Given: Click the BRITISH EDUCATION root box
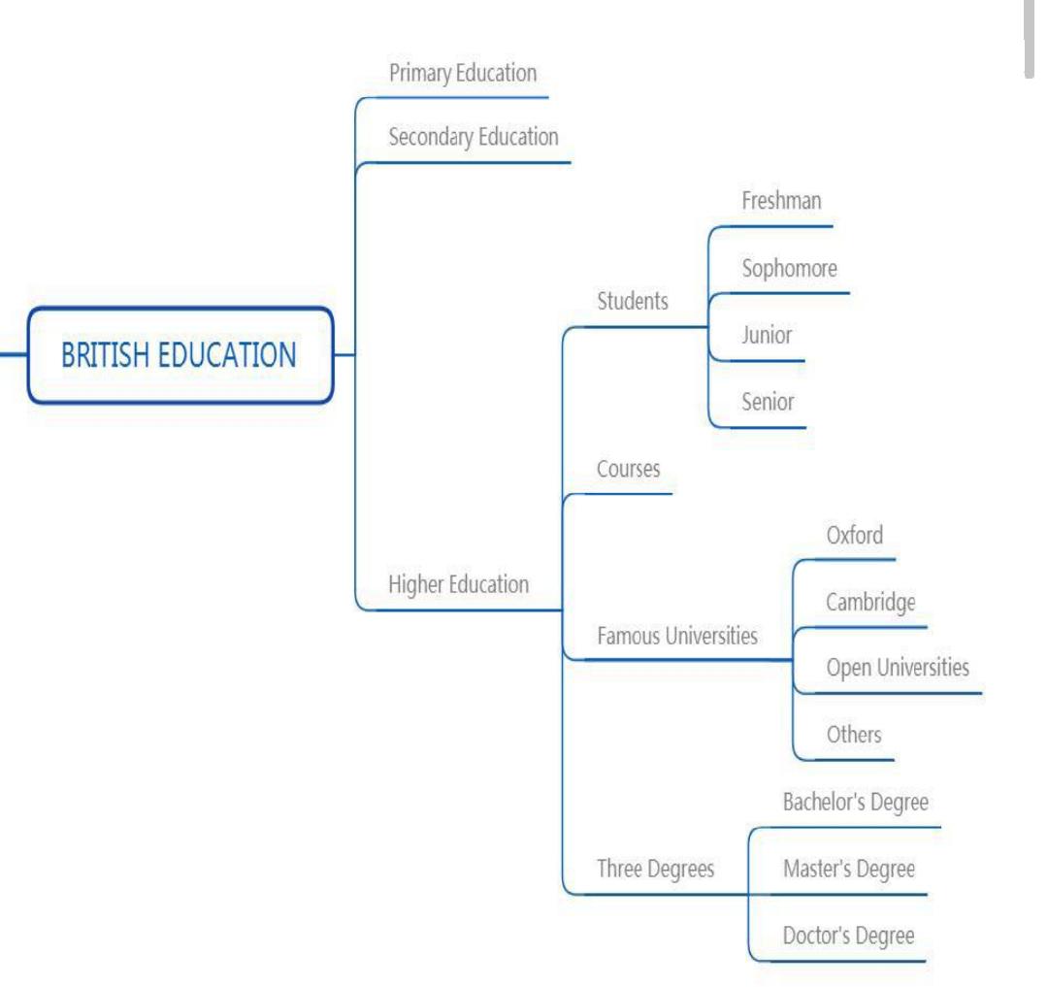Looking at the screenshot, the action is (x=180, y=355).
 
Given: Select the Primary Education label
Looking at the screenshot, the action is (x=462, y=73).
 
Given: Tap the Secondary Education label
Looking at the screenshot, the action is (x=473, y=137).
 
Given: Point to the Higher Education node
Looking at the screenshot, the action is (x=458, y=584).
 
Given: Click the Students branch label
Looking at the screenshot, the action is (x=632, y=301).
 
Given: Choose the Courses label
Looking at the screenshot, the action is (x=628, y=469).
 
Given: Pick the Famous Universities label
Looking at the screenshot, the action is (x=676, y=637).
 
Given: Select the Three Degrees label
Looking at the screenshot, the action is (x=655, y=869).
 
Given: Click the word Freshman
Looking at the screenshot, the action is (x=781, y=201).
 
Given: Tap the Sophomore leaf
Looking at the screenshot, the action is (x=789, y=268).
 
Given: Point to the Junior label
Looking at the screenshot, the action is (x=767, y=336).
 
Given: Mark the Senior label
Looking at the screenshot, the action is (x=768, y=401).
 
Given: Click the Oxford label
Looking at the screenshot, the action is (x=854, y=535).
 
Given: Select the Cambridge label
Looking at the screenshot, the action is (x=870, y=602).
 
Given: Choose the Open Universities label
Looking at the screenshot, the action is (x=897, y=668).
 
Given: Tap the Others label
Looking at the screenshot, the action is (x=854, y=734).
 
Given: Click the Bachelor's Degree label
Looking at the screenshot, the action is (x=855, y=803).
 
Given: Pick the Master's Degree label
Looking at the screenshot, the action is (x=848, y=869).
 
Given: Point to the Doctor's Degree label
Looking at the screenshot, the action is (x=848, y=936).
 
